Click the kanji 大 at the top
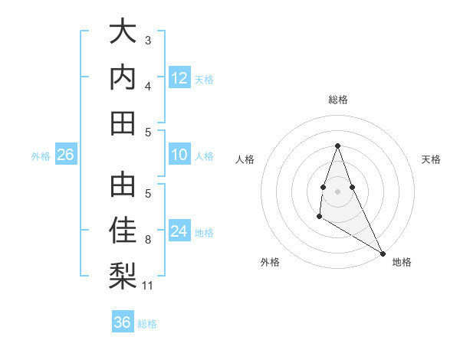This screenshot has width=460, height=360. tap(123, 33)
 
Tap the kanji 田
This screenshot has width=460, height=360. tap(123, 123)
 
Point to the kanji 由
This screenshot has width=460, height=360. tap(123, 185)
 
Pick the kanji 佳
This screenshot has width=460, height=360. tap(123, 231)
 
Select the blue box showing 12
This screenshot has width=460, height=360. tap(179, 77)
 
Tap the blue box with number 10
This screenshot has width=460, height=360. tap(179, 155)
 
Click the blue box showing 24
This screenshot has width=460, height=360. tap(179, 231)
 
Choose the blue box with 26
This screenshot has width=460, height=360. tap(66, 155)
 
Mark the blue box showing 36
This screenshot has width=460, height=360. tap(123, 322)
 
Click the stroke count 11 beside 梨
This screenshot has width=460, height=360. tap(148, 286)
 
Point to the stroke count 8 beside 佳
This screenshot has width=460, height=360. tap(148, 240)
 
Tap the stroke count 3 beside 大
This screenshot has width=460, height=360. tap(148, 40)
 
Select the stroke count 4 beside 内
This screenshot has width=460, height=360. tap(148, 86)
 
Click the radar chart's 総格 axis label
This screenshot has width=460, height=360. tap(337, 100)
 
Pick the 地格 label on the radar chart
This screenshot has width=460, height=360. tap(402, 262)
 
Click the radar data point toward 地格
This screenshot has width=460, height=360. tap(383, 253)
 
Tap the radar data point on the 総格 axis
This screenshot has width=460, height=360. tap(337, 146)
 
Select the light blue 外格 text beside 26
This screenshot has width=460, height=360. tap(41, 156)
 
